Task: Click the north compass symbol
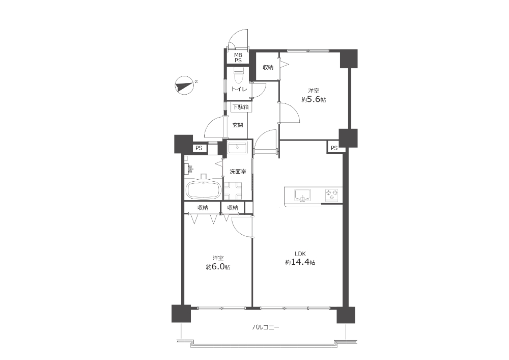click(184, 86)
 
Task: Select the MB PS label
click(238, 58)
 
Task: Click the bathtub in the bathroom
click(203, 190)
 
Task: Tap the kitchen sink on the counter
click(302, 196)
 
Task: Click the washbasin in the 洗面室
click(238, 148)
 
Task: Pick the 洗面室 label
click(238, 172)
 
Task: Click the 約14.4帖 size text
click(300, 262)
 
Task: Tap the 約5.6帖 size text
click(314, 100)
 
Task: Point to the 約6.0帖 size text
click(218, 267)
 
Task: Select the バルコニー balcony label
click(266, 327)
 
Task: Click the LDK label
click(300, 254)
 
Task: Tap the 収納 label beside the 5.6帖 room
click(268, 67)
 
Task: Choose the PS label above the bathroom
click(199, 148)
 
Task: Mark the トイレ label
click(239, 89)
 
